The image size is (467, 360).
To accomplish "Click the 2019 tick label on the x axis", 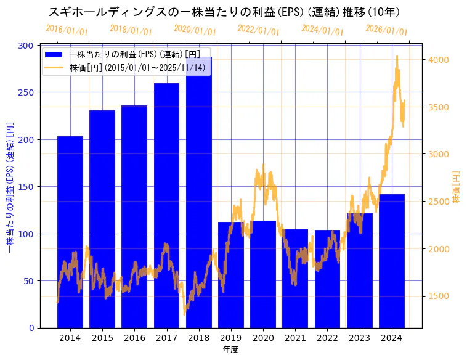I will (231, 338).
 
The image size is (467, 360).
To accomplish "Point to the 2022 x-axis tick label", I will (327, 338).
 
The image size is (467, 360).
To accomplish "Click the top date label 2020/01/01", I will (195, 30).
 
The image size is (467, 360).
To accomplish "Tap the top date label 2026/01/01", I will (386, 30).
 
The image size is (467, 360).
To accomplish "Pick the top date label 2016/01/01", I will (67, 30).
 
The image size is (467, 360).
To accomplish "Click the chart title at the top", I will (224, 12).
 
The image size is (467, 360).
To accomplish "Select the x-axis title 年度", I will (230, 350).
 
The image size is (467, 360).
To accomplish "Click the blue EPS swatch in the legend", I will (54, 55).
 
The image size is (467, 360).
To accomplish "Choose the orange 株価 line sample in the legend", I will (54, 67).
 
